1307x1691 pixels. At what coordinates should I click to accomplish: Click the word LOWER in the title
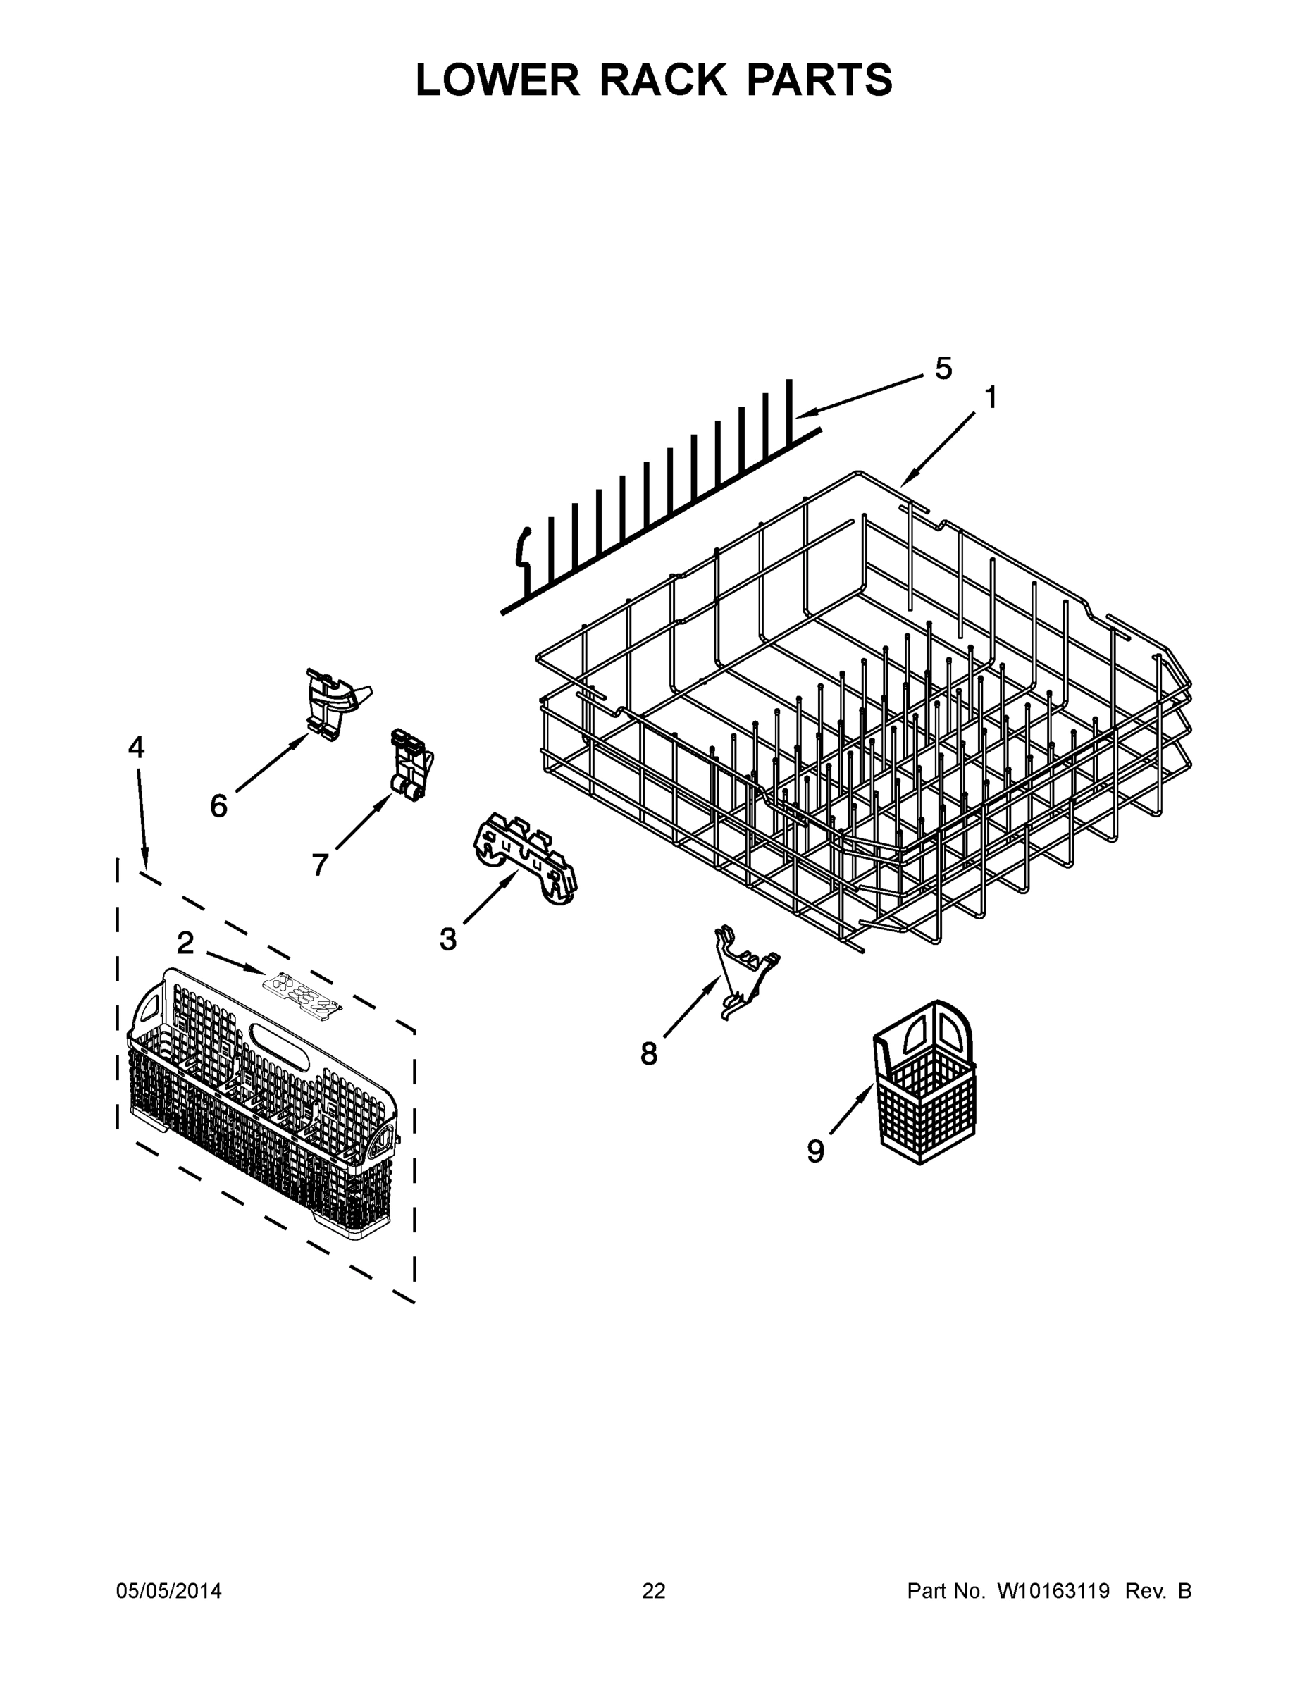click(x=497, y=80)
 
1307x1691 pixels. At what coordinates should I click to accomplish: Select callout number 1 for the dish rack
click(x=991, y=398)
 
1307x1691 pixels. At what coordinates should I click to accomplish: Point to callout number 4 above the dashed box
click(x=136, y=747)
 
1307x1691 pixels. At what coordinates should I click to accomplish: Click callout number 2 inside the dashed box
click(x=185, y=943)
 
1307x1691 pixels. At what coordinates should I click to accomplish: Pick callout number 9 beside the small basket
click(x=815, y=1151)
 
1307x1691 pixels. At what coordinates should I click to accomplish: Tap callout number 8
click(x=649, y=1053)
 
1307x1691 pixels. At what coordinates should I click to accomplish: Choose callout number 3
click(x=447, y=939)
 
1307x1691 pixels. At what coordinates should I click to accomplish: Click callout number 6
click(x=219, y=806)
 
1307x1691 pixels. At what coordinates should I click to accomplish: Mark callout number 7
click(x=320, y=864)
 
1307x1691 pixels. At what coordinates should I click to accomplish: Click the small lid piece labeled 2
click(x=302, y=992)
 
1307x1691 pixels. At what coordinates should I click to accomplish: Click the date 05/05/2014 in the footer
click(x=169, y=1591)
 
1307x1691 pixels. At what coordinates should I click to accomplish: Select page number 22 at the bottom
click(x=654, y=1591)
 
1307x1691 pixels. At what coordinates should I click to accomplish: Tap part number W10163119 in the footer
click(x=1053, y=1591)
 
